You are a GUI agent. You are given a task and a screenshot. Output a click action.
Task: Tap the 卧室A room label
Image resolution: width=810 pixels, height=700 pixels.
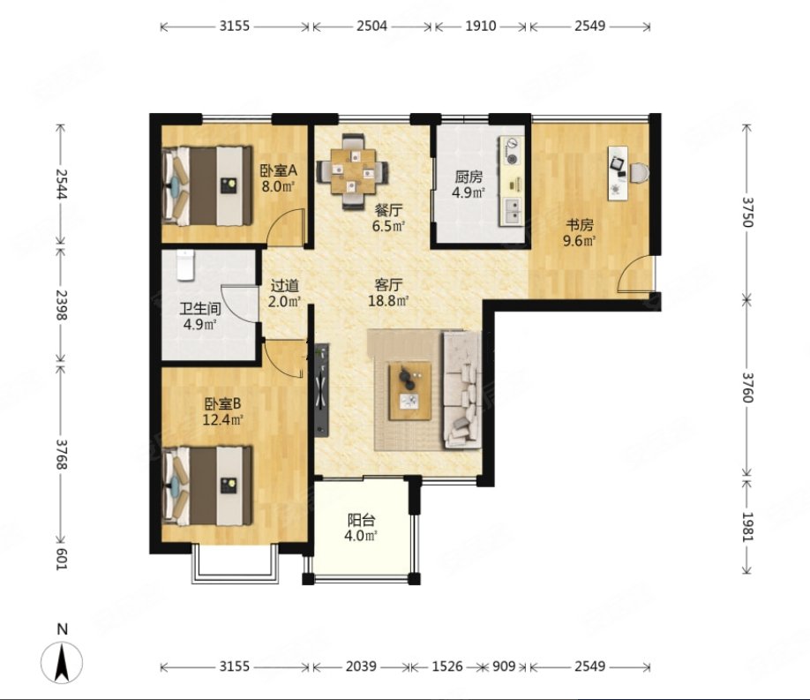[279, 170]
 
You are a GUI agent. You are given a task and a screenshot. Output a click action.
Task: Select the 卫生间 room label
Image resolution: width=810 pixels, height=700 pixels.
[200, 309]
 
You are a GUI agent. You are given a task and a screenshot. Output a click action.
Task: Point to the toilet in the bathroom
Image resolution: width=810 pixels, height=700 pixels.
[185, 265]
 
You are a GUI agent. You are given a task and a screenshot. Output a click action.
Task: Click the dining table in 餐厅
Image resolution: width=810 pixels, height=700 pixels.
[352, 171]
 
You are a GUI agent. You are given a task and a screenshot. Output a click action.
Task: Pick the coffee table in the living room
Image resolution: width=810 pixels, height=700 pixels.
[410, 391]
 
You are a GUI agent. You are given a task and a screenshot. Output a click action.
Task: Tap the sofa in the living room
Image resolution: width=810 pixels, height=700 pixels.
[461, 390]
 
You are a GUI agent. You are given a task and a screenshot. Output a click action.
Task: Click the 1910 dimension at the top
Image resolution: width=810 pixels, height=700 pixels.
[480, 26]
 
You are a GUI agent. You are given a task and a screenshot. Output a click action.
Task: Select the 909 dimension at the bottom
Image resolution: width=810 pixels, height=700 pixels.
[504, 666]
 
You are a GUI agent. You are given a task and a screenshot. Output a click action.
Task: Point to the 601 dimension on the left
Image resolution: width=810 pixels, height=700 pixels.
[62, 559]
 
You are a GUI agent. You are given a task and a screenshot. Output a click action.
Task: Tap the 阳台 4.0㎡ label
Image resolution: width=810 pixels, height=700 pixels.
[361, 527]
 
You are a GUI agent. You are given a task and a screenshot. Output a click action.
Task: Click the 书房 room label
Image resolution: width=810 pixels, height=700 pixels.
[580, 225]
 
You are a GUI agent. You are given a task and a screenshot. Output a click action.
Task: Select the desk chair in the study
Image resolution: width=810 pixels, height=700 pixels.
[640, 172]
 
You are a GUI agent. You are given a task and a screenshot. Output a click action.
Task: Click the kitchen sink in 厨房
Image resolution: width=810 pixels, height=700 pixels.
[513, 212]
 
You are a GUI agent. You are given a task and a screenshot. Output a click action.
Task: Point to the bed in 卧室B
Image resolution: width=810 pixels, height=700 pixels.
[207, 486]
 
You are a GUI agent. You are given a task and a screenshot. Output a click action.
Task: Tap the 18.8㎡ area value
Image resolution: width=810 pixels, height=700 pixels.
[388, 301]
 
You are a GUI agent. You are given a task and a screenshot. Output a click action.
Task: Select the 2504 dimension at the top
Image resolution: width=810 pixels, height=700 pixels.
[371, 26]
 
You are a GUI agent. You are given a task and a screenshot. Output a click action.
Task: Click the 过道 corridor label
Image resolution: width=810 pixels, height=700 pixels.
[285, 285]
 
